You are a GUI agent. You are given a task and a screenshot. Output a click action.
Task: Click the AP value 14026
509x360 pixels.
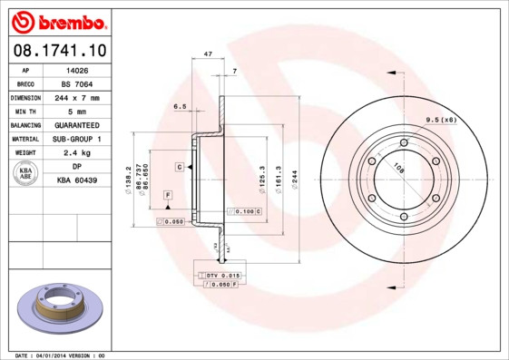coord(77,69)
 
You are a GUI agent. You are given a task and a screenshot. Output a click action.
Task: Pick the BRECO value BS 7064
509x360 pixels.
coord(77,83)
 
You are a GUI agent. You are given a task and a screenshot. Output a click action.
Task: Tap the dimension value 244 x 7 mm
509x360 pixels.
coord(77,97)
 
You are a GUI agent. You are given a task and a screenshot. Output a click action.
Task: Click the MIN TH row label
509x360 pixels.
coord(25,111)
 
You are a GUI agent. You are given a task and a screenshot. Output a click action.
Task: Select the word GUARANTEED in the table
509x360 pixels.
coord(77,125)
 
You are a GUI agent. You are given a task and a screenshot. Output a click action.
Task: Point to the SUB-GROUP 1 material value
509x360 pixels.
coord(77,139)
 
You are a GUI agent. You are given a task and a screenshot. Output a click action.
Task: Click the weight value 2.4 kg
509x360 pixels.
coord(77,153)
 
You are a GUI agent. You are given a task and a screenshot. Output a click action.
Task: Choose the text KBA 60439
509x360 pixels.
coord(77,181)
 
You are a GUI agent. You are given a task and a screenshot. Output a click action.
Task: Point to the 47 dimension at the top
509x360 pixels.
coord(208,55)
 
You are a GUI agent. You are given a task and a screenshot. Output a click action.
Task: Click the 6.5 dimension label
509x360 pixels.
coord(180,106)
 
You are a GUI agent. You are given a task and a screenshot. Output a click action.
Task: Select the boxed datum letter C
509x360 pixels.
coord(181,168)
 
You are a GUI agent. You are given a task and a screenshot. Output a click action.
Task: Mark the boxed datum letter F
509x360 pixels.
coord(168,195)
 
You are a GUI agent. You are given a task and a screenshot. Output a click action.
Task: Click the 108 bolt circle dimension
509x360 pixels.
coord(397,167)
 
